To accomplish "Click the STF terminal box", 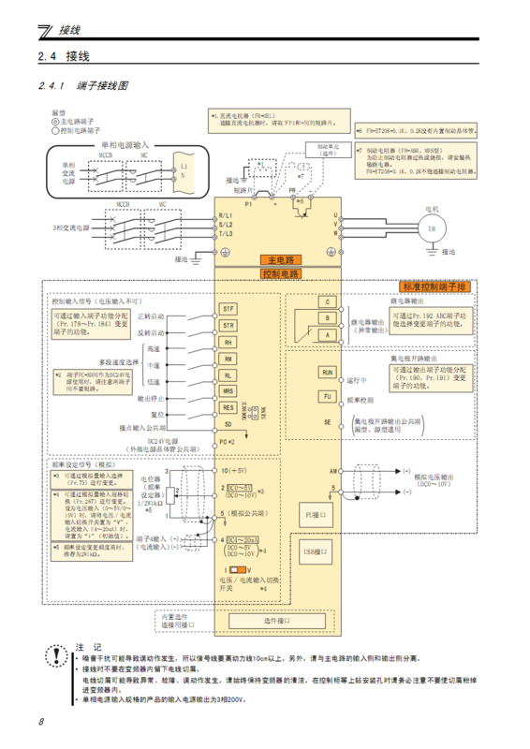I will click(x=228, y=309).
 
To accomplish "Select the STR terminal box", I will click(x=228, y=325).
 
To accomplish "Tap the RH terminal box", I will click(x=228, y=342).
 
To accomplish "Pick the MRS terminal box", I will click(x=228, y=390).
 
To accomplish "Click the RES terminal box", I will click(x=228, y=407).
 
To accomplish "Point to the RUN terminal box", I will click(x=328, y=372).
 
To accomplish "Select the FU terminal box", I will click(x=328, y=396).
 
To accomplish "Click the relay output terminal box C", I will click(x=328, y=301).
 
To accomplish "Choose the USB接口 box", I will click(x=315, y=554).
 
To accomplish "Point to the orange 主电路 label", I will click(x=277, y=259).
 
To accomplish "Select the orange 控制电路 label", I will click(x=277, y=274).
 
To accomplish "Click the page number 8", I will click(x=41, y=722).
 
